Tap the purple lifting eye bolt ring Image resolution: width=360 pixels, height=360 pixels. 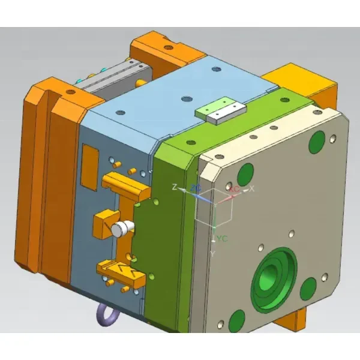pyautogui.click(x=107, y=314)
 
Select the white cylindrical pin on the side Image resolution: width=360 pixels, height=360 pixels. pyautogui.click(x=123, y=227)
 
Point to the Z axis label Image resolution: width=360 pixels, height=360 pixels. pyautogui.click(x=174, y=188)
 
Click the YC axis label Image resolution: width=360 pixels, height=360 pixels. pyautogui.click(x=222, y=239)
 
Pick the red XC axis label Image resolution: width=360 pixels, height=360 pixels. pyautogui.click(x=235, y=189)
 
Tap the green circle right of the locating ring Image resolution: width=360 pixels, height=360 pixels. pyautogui.click(x=308, y=289)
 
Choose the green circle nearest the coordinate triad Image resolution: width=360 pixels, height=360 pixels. pyautogui.click(x=245, y=175)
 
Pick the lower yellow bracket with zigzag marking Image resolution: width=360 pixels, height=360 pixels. pyautogui.click(x=123, y=272)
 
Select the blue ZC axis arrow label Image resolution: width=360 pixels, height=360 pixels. pyautogui.click(x=196, y=188)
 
